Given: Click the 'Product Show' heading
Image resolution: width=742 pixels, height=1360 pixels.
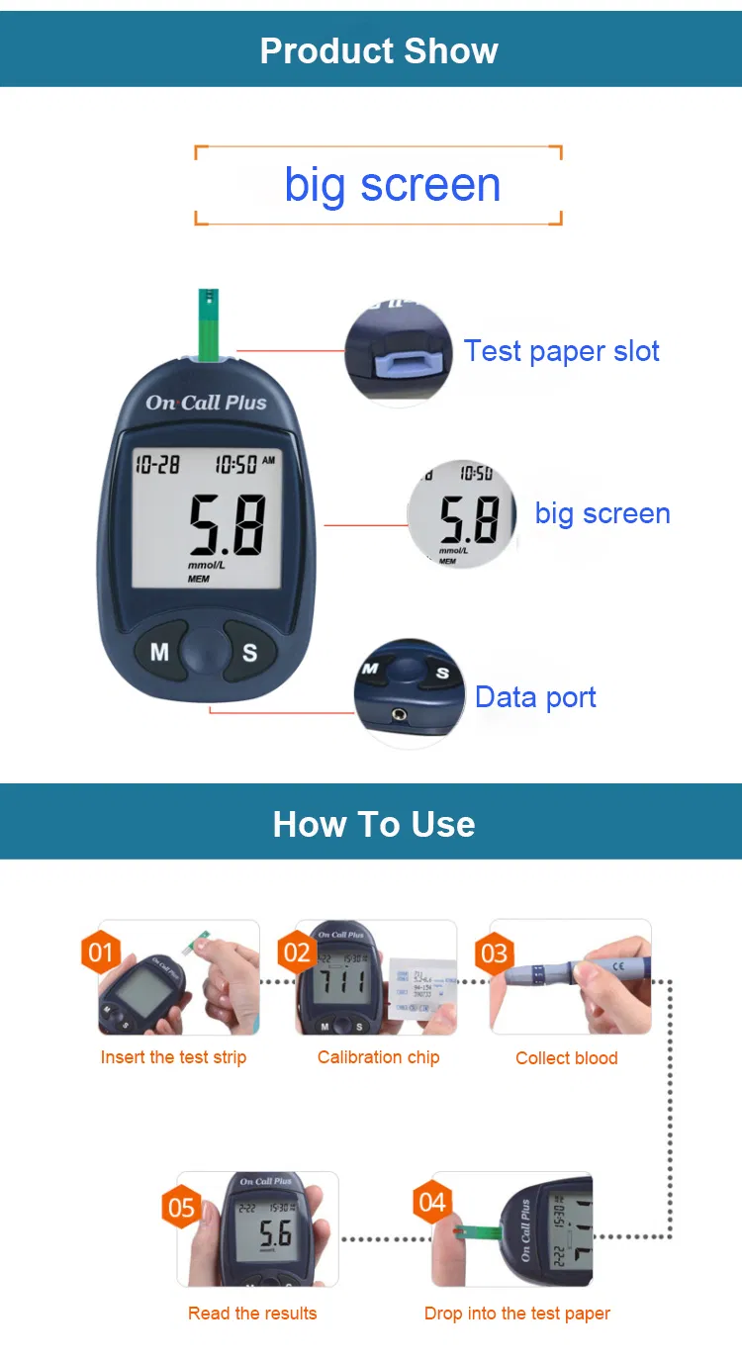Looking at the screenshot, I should (379, 50).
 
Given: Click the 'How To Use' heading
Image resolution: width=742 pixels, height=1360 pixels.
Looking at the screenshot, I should (374, 824).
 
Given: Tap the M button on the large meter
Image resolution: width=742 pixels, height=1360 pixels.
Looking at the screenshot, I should (159, 652).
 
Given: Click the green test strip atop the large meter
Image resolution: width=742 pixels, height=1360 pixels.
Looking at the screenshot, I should (209, 325).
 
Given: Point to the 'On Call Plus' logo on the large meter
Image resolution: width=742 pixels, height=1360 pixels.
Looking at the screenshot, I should (206, 403).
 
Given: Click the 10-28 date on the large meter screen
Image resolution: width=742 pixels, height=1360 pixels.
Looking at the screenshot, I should (157, 464).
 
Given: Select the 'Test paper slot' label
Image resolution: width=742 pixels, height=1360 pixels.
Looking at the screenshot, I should (561, 351).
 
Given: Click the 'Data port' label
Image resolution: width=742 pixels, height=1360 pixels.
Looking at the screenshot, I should (535, 697).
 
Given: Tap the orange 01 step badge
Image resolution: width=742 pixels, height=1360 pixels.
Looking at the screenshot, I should (101, 952).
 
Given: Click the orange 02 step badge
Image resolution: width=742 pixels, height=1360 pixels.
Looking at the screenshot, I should (297, 952).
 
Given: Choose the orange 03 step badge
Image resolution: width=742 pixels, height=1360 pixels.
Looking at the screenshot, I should (493, 953).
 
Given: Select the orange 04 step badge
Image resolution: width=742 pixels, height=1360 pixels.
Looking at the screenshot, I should (432, 1203).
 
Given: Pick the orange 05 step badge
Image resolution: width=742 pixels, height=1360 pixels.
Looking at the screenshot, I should (182, 1208).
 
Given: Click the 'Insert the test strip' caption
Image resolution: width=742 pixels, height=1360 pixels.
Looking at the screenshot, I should (173, 1057).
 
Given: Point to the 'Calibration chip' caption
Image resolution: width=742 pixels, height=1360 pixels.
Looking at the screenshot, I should (378, 1057).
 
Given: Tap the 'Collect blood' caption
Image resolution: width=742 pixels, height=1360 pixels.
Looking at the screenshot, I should (566, 1058).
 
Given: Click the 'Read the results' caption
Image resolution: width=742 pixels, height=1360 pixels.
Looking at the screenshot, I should (252, 1314).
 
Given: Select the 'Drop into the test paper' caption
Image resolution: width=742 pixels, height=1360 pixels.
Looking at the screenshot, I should (516, 1314).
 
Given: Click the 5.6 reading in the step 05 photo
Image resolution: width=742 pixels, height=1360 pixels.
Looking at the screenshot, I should (275, 1234).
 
